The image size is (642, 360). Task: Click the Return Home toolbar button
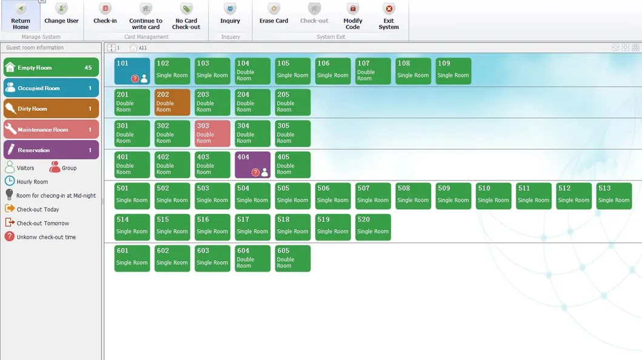pyautogui.click(x=21, y=16)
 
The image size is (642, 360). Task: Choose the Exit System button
pyautogui.click(x=389, y=16)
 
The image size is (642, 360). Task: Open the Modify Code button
pyautogui.click(x=353, y=16)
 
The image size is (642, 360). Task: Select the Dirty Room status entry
pyautogui.click(x=51, y=109)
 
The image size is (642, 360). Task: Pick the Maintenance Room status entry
pyautogui.click(x=51, y=130)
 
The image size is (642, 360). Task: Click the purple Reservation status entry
pyautogui.click(x=51, y=150)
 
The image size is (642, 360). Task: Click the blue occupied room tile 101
pyautogui.click(x=132, y=71)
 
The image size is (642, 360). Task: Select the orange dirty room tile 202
pyautogui.click(x=172, y=102)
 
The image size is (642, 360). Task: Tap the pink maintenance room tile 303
pyautogui.click(x=212, y=133)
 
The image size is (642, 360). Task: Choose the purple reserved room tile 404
pyautogui.click(x=252, y=165)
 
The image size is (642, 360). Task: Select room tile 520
pyautogui.click(x=373, y=227)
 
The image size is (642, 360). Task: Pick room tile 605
pyautogui.click(x=292, y=258)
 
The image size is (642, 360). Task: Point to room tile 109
pyautogui.click(x=453, y=71)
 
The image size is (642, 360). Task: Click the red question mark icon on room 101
pyautogui.click(x=135, y=79)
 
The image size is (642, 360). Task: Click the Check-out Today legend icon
pyautogui.click(x=10, y=208)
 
